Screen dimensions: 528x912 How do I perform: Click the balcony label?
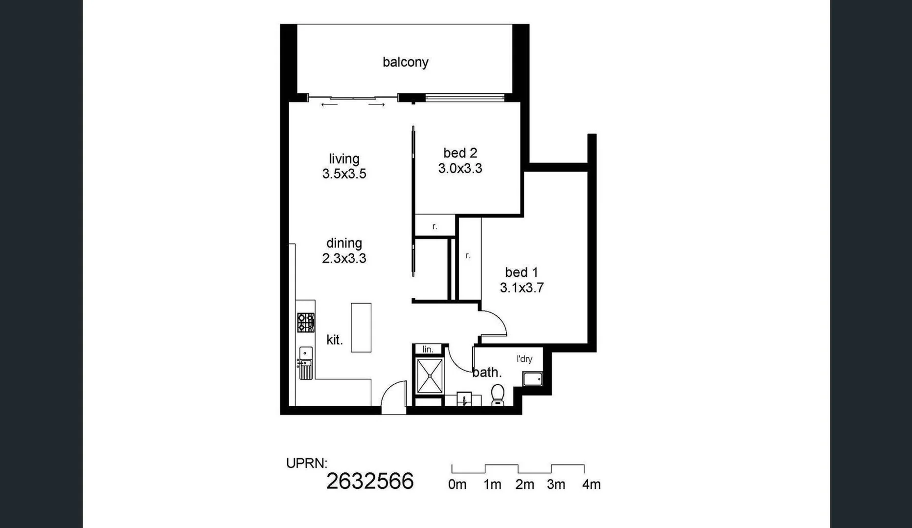point(405,62)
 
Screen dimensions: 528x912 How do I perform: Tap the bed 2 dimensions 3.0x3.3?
point(460,169)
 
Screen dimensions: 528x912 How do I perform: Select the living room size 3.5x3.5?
point(344,174)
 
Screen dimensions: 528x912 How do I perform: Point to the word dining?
point(344,243)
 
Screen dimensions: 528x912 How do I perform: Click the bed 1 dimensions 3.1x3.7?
point(522,288)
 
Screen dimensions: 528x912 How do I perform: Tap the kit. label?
point(335,340)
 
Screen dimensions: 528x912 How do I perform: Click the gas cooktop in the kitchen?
point(306,323)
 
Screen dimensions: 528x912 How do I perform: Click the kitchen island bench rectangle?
point(361,328)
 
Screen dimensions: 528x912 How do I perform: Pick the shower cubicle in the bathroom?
point(430,375)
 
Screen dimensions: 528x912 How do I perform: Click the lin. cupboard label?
point(428,349)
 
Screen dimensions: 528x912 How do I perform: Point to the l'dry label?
point(524,359)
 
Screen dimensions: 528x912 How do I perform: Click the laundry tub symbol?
point(532,379)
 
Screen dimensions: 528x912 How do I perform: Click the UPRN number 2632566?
point(370,482)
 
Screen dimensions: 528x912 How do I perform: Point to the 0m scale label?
point(457,484)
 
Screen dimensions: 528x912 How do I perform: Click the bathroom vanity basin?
point(464,398)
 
